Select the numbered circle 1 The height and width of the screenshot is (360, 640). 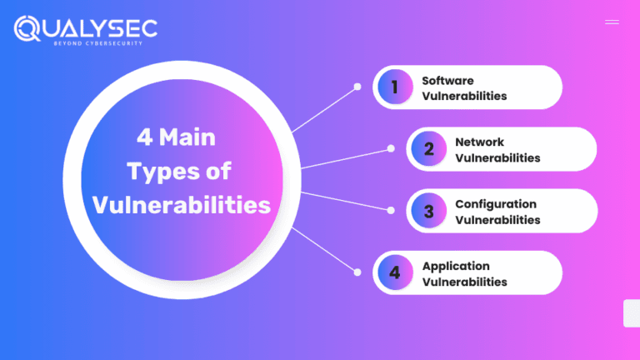point(395,87)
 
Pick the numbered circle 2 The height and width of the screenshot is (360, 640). point(428,149)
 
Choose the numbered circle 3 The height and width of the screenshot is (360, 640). point(428,211)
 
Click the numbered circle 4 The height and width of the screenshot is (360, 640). point(395,272)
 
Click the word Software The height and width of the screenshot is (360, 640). point(447,81)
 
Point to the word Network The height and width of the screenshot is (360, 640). point(479,142)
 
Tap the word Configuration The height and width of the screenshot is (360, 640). point(495,204)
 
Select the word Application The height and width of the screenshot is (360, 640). point(455,266)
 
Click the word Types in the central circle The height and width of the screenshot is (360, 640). point(162,172)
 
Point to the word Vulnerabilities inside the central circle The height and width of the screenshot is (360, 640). point(182,205)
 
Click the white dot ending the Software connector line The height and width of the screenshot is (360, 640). point(357,86)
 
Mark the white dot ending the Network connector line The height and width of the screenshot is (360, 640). point(391,148)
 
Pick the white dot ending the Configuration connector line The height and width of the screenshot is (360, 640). point(391,210)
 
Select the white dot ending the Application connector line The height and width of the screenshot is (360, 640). point(357,272)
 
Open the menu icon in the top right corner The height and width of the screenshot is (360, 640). point(612,22)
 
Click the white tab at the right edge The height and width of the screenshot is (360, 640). point(632,313)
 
